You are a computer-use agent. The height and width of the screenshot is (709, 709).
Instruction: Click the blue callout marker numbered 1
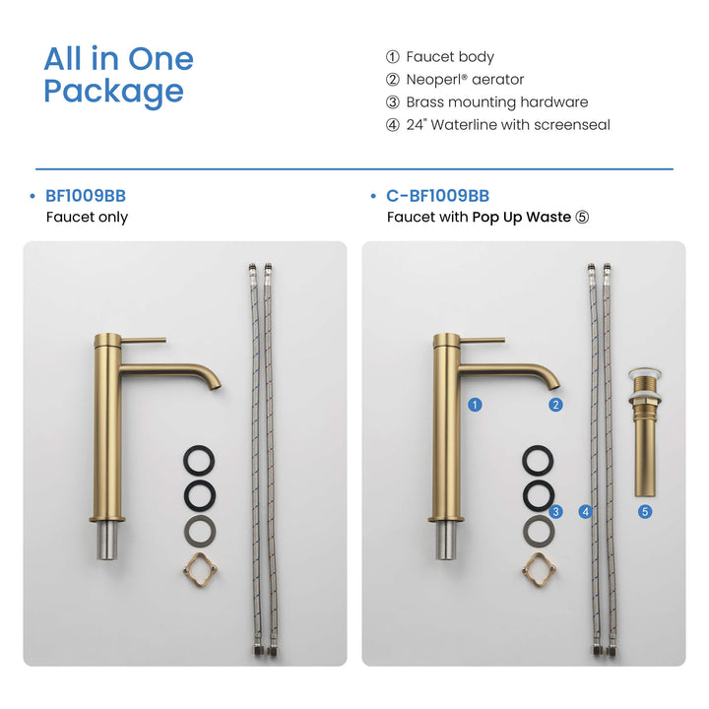click(x=475, y=405)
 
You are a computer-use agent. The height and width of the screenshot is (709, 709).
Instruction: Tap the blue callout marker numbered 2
click(x=555, y=405)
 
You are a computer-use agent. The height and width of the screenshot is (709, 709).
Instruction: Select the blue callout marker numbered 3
click(x=555, y=512)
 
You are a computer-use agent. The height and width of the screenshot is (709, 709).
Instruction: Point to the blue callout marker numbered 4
click(x=586, y=512)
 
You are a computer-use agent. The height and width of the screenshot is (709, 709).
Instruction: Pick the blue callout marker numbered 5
click(x=645, y=512)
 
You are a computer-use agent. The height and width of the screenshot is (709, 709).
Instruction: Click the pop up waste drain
click(x=645, y=432)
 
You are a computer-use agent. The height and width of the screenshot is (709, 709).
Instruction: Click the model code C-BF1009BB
click(x=437, y=196)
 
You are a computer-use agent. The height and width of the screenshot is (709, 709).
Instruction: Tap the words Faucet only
click(x=87, y=217)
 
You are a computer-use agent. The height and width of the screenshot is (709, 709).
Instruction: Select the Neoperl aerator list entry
click(x=454, y=80)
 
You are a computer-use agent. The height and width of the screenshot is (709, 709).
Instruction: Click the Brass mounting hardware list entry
click(x=486, y=102)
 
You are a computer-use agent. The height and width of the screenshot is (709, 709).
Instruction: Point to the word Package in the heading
click(x=113, y=93)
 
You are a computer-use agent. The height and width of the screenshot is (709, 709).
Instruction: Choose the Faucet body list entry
click(x=439, y=57)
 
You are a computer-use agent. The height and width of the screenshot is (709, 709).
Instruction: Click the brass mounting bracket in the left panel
click(x=200, y=570)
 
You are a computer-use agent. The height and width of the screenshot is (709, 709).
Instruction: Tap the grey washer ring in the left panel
click(x=199, y=531)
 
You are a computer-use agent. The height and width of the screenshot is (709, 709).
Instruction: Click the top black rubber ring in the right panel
click(x=538, y=461)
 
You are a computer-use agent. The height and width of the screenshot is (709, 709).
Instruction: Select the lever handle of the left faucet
click(x=144, y=340)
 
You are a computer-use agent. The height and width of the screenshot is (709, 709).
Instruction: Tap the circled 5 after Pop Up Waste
click(x=582, y=218)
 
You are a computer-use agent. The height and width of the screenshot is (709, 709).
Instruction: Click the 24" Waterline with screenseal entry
click(x=498, y=125)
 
